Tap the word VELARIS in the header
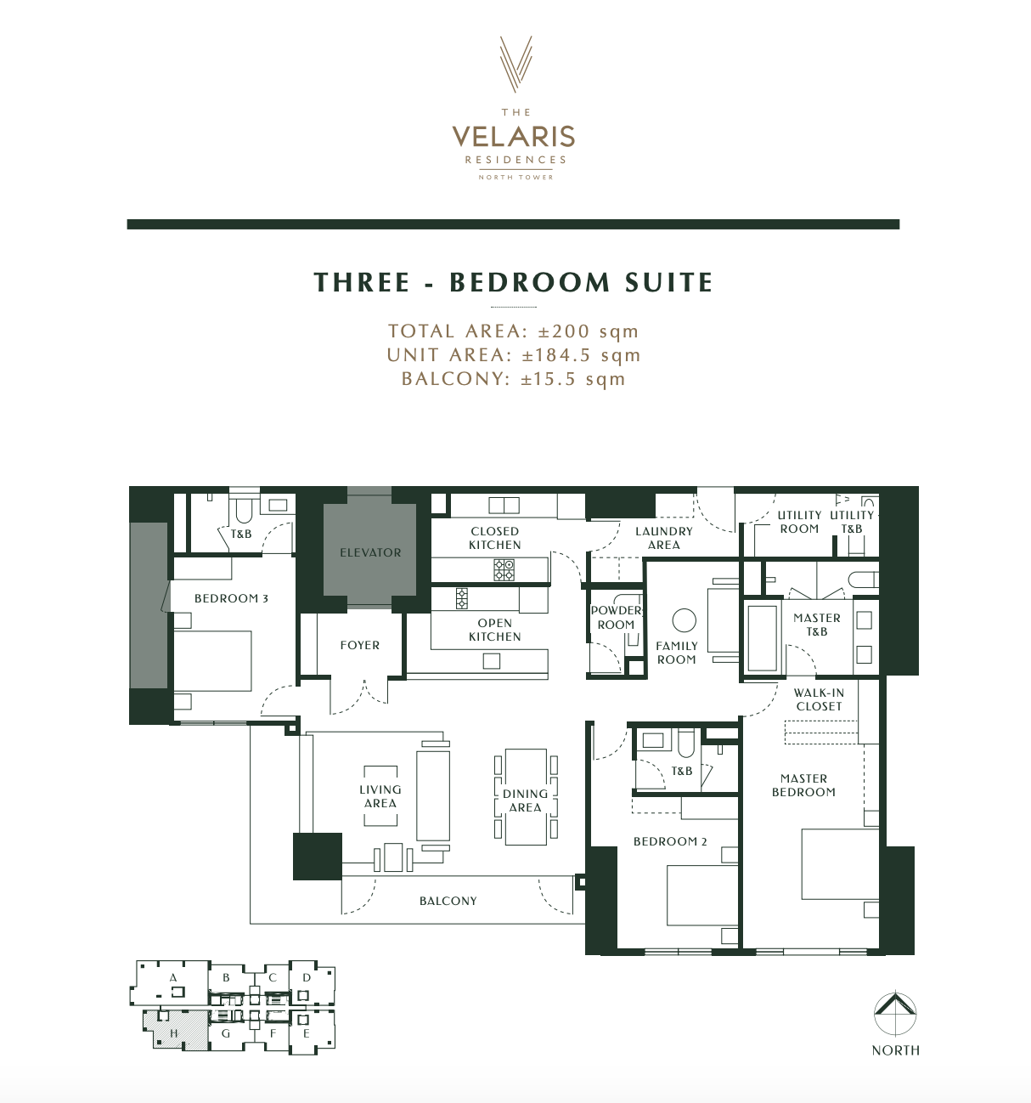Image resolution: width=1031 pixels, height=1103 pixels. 514,137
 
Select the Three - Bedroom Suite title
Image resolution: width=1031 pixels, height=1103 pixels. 514,282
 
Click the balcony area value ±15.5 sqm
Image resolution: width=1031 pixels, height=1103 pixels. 573,379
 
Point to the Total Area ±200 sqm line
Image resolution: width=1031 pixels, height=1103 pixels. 513,331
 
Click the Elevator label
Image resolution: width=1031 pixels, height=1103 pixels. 370,552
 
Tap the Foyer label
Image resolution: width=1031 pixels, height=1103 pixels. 360,645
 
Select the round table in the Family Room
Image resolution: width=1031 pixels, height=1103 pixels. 684,620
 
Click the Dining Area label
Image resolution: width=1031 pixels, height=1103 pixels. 525,800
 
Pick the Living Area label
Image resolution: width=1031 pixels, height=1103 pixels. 380,796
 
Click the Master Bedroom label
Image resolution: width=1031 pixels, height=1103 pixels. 803,785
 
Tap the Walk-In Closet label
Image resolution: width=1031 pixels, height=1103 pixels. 819,699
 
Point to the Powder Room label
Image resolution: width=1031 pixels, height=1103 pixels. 616,617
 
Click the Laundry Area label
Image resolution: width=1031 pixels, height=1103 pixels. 664,538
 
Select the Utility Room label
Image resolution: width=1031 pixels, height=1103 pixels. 799,522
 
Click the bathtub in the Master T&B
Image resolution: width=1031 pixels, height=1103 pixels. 762,637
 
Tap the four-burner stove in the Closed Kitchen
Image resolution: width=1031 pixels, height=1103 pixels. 504,570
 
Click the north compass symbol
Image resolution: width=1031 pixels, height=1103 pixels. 896,1014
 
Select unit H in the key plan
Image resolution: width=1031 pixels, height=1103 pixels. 175,1032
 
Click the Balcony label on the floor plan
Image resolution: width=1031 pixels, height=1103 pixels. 448,901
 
